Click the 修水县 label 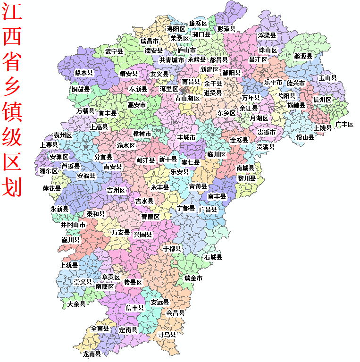tap(84, 73)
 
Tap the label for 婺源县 tap(303, 56)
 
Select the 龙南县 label tap(92, 354)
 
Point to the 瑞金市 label tap(193, 278)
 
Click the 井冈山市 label tap(73, 225)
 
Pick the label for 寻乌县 tap(167, 334)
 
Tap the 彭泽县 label tap(226, 29)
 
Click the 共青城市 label tap(171, 60)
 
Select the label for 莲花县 tap(52, 188)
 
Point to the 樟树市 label tap(142, 134)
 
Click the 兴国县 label tap(143, 234)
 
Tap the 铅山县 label tap(305, 137)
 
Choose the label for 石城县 tap(213, 258)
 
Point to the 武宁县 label tap(114, 51)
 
